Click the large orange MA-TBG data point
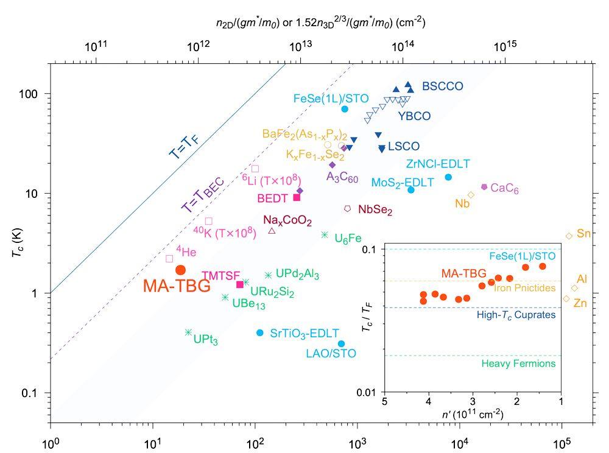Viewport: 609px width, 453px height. pos(180,270)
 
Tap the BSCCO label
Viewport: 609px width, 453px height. pos(443,86)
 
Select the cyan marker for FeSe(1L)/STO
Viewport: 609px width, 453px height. pos(345,109)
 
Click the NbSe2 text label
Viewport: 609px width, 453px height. pos(375,210)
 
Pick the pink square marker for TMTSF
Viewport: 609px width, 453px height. pos(240,284)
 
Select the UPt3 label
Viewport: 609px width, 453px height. pos(206,339)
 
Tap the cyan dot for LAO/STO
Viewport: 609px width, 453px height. pos(341,344)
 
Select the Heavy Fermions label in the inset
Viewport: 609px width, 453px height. pos(518,364)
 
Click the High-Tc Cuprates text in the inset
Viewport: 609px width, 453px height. pos(516,315)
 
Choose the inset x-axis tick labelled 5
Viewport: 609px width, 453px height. pos(384,402)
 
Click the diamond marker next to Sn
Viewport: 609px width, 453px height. pos(569,236)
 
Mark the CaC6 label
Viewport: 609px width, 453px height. pos(504,189)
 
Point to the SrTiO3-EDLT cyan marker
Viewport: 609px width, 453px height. pos(260,333)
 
